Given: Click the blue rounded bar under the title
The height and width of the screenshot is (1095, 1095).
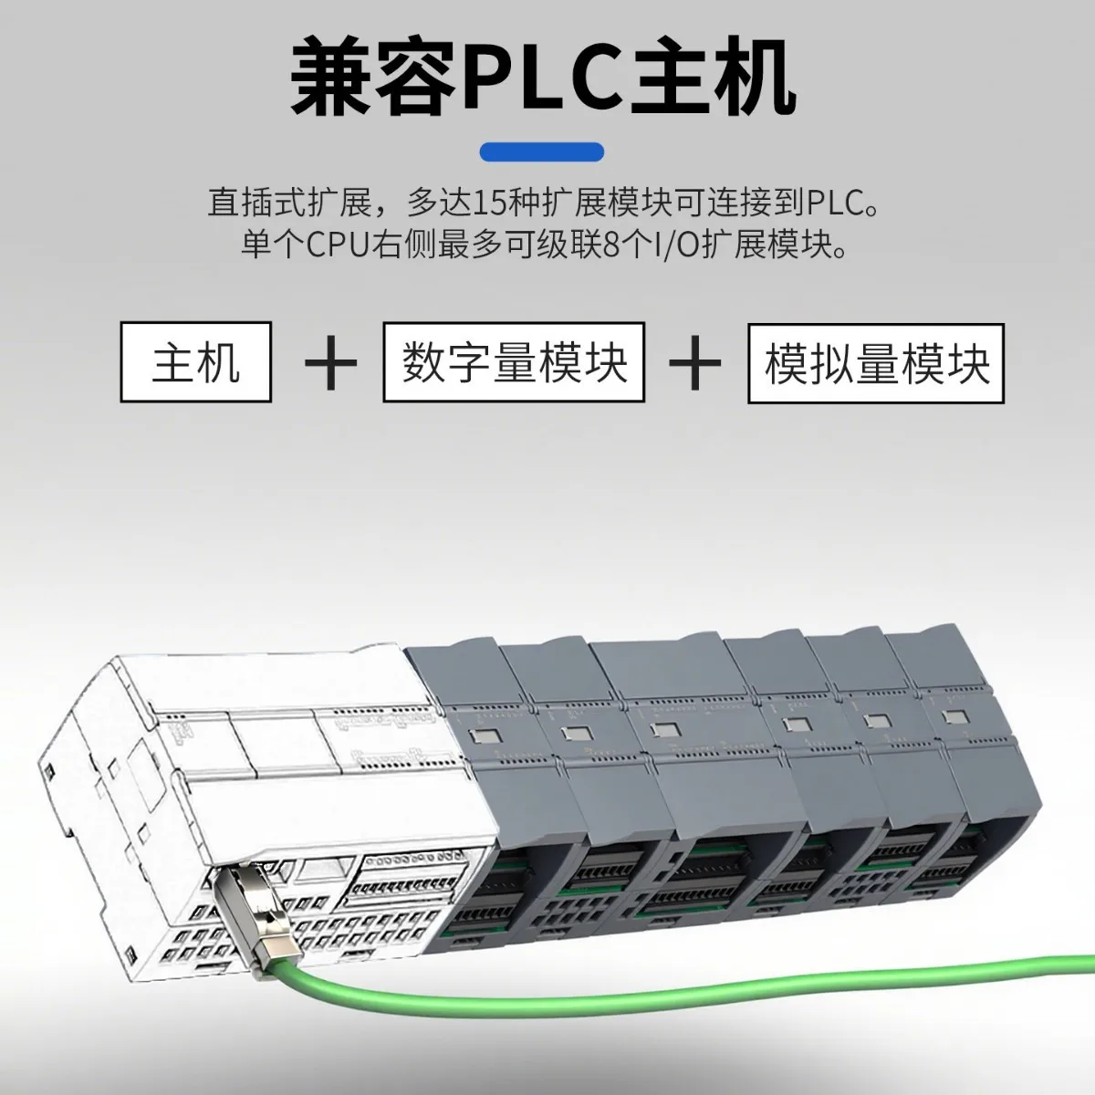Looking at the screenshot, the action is pyautogui.click(x=541, y=151).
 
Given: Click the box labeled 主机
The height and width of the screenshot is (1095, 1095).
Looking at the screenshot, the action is pyautogui.click(x=195, y=362).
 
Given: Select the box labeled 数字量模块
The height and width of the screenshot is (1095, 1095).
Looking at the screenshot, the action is pyautogui.click(x=514, y=362).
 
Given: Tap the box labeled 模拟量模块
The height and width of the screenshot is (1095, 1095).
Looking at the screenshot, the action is pyautogui.click(x=876, y=363).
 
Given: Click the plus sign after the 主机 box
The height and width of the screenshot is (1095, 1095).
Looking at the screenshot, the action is pyautogui.click(x=330, y=362).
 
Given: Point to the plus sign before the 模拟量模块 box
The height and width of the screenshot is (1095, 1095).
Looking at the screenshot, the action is pyautogui.click(x=695, y=362).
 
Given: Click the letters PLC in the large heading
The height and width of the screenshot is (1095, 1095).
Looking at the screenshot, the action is pyautogui.click(x=545, y=77).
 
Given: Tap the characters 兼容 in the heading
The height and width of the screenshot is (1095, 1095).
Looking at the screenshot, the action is pyautogui.click(x=375, y=77).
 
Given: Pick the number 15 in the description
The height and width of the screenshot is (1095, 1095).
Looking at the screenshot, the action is pyautogui.click(x=489, y=203).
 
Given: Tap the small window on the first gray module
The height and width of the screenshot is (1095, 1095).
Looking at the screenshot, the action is pyautogui.click(x=485, y=736).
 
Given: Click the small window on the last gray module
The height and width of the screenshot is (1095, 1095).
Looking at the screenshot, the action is pyautogui.click(x=954, y=717).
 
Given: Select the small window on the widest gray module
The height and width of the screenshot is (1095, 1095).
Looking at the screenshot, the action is pyautogui.click(x=665, y=730).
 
